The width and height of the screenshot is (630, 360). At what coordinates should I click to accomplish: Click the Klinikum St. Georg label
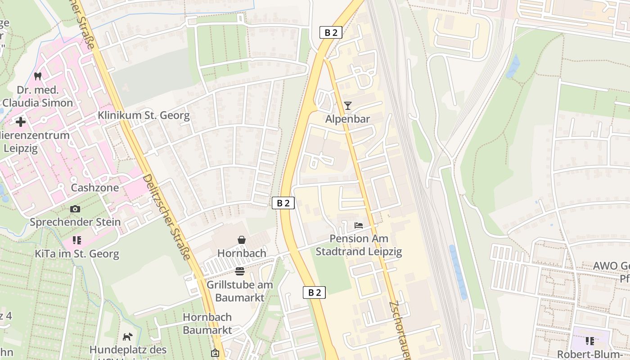click(x=144, y=116)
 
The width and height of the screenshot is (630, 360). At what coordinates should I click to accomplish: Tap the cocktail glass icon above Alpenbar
click(x=347, y=106)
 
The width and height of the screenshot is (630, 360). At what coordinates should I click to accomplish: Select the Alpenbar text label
click(x=347, y=119)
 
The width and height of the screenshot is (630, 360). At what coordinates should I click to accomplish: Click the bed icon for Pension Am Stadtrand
click(x=359, y=225)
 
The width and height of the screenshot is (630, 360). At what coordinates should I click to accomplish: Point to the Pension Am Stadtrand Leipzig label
click(x=359, y=245)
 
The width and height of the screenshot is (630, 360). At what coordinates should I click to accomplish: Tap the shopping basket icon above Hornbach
click(x=242, y=240)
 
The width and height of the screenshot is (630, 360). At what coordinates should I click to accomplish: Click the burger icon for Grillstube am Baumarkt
click(x=239, y=271)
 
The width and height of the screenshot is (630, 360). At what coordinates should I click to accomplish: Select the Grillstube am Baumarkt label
click(x=239, y=291)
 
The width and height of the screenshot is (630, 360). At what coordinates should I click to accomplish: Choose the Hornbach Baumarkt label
click(x=207, y=324)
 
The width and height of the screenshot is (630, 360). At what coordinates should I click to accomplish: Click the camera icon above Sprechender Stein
click(x=75, y=209)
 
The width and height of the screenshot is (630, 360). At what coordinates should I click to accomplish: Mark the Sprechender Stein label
click(x=75, y=222)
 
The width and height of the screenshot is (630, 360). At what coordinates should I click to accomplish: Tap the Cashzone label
click(x=94, y=188)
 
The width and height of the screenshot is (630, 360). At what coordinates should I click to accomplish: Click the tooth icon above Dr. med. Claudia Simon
click(x=38, y=76)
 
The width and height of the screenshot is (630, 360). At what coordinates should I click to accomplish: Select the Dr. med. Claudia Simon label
click(x=38, y=96)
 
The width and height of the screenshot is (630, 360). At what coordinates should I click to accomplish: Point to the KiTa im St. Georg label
click(x=77, y=254)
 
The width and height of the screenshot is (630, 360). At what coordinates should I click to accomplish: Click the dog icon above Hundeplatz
click(x=128, y=337)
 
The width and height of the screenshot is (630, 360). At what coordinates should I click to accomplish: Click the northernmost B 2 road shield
click(x=331, y=32)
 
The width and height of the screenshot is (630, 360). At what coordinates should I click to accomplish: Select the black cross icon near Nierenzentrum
click(x=20, y=122)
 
